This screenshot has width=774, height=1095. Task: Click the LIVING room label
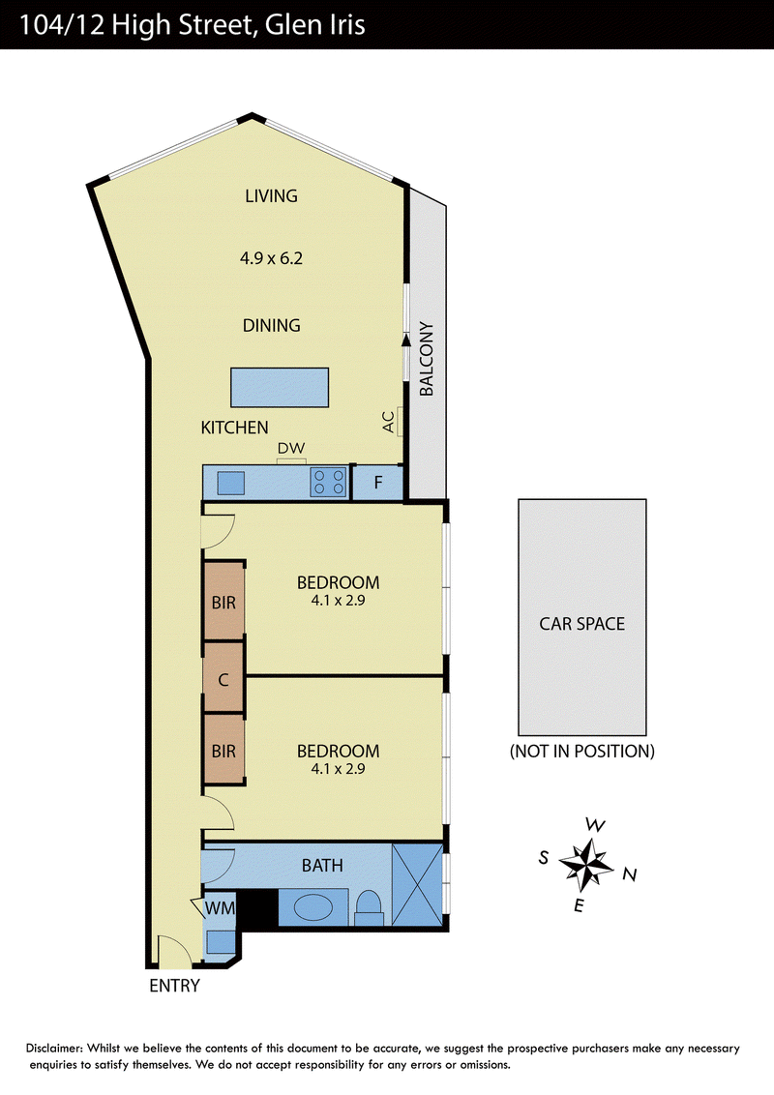pos(271,196)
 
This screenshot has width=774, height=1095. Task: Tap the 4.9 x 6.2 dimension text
pos(271,258)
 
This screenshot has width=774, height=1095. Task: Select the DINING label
pos(271,325)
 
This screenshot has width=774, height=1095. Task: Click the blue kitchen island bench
pos(280,388)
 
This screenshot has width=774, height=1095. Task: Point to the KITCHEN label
pos(235,428)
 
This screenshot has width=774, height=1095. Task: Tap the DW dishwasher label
pos(291,448)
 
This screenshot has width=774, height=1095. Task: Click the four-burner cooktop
pos(329,482)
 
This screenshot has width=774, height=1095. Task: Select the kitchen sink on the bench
pos(231,484)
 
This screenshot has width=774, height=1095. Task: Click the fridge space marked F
pos(378,483)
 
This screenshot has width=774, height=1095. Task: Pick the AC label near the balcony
pos(389,422)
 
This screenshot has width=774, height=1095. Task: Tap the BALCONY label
pos(426,359)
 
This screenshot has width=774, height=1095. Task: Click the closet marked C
pos(223,678)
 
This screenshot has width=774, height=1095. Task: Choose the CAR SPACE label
pos(581,624)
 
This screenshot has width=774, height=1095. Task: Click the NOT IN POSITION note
pos(581,752)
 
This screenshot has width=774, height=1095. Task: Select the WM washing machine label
pos(220,908)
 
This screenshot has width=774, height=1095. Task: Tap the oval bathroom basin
pos(313,907)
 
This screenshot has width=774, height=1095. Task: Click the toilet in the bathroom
pos(369,909)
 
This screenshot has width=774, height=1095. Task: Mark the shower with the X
pos(418,885)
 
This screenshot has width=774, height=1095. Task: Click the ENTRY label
pos(175,986)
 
